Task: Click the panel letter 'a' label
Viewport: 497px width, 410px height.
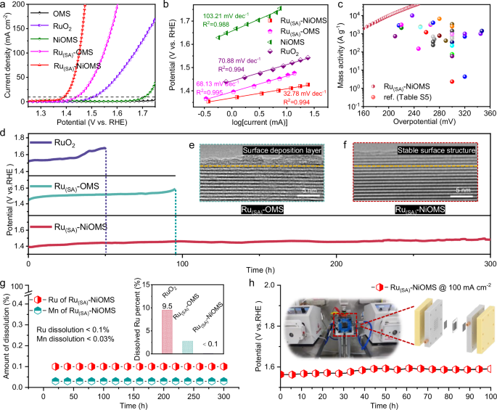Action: [4, 5]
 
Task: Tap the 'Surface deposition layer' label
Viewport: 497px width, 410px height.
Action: [270, 150]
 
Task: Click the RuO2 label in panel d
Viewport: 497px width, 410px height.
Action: [62, 144]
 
